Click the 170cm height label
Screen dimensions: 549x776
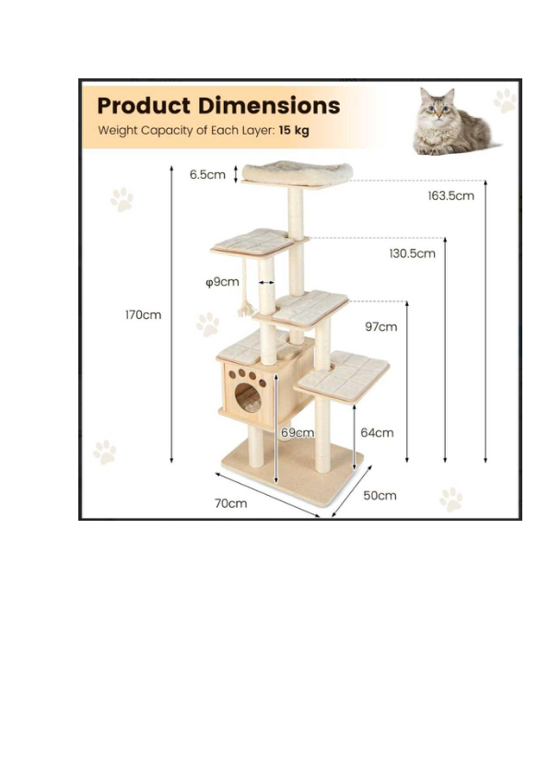click(143, 315)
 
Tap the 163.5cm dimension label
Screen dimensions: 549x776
click(450, 196)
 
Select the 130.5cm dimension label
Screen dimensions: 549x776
click(412, 253)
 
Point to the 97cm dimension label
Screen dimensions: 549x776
click(380, 326)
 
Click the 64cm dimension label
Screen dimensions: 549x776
click(377, 432)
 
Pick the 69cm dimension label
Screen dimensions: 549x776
click(298, 432)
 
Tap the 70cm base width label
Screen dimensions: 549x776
click(230, 503)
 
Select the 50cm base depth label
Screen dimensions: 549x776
click(380, 496)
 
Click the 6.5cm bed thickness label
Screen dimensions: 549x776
click(207, 175)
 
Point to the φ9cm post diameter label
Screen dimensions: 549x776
click(222, 282)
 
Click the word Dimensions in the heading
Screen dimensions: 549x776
click(269, 105)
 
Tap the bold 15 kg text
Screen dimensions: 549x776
click(294, 130)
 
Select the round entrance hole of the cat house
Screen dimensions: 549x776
click(247, 397)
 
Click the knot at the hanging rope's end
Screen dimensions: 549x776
click(245, 311)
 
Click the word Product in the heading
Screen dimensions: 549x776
click(144, 105)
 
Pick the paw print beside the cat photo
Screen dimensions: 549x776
click(505, 100)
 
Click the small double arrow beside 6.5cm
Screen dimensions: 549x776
click(236, 173)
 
